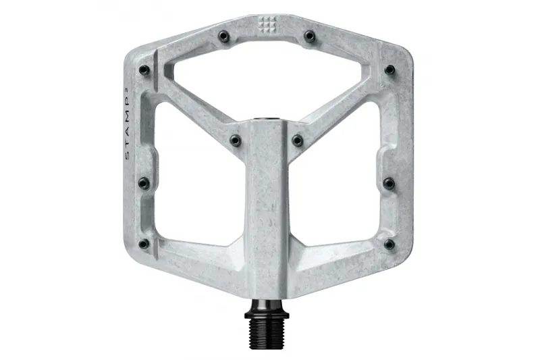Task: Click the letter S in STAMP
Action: coord(129,157)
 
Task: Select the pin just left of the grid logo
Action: coord(223,34)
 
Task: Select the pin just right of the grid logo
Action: coord(309,34)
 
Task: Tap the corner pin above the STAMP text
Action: coord(143,70)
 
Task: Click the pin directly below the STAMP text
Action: coord(143,183)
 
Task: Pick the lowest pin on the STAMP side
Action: coord(143,244)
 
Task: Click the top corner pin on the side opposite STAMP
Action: coord(389,70)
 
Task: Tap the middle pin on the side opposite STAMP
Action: coord(389,183)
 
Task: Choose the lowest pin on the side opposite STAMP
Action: coord(389,244)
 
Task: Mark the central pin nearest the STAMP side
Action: coord(234,140)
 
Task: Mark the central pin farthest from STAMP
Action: coord(298,140)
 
